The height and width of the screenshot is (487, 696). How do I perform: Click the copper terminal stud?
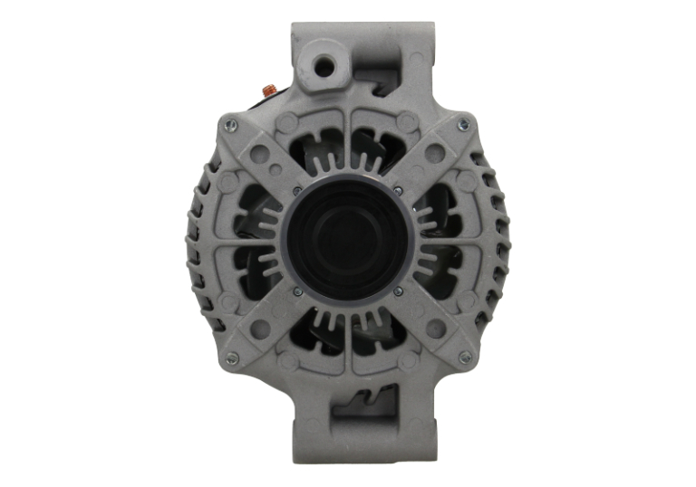(267, 89)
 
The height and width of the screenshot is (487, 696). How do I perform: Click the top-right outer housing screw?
(464, 125)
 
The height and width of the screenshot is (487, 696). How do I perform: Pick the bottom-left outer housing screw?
(231, 358)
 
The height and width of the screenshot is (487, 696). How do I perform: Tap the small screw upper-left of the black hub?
(297, 191)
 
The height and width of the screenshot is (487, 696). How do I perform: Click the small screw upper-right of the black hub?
(398, 191)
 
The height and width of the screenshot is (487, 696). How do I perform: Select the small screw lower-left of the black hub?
(297, 291)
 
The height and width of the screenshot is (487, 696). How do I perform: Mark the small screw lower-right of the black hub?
(398, 291)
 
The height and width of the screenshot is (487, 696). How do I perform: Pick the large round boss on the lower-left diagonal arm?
(260, 329)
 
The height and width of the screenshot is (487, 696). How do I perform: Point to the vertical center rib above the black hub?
(348, 145)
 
